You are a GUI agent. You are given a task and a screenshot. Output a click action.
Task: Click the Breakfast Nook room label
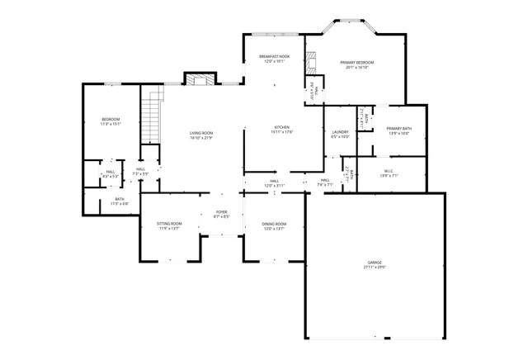coord(274,56)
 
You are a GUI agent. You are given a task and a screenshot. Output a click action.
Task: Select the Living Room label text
coord(201,133)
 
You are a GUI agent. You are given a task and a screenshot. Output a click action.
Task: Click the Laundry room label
coord(340,132)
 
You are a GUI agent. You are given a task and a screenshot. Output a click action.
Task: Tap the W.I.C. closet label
coord(389,172)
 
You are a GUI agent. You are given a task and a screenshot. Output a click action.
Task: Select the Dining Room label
coord(274,224)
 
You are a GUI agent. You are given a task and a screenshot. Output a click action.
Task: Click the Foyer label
coord(221,212)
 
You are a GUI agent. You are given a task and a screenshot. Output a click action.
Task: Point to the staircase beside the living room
coord(151,107)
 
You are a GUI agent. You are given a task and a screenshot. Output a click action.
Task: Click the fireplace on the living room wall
coord(199,80)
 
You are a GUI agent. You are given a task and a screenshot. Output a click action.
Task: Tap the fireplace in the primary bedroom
coord(311,62)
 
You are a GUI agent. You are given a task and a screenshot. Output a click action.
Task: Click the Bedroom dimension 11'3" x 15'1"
coord(111,124)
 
